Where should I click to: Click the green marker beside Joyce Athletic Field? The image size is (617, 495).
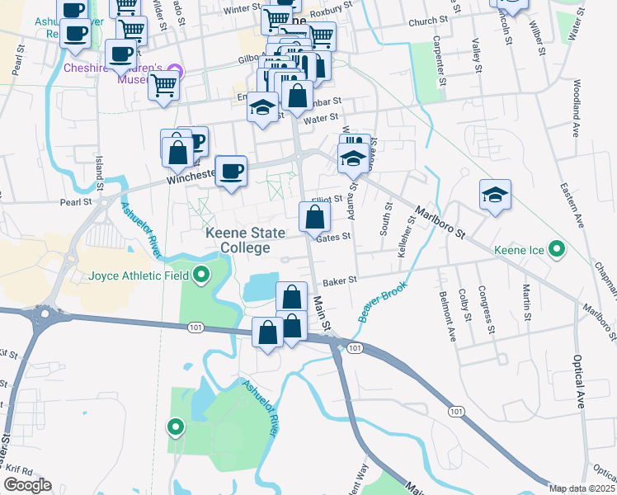[x=200, y=276]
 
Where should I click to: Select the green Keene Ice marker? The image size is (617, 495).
[x=557, y=248]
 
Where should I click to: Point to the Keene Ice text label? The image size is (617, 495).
[x=518, y=249]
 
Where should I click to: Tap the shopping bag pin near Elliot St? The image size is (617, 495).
[x=314, y=219]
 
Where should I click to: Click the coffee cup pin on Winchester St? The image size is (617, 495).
[x=231, y=172]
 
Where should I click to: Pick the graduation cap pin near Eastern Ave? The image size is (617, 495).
[x=494, y=196]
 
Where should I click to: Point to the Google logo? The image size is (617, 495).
[x=27, y=486]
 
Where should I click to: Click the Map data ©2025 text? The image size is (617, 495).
[x=582, y=488]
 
